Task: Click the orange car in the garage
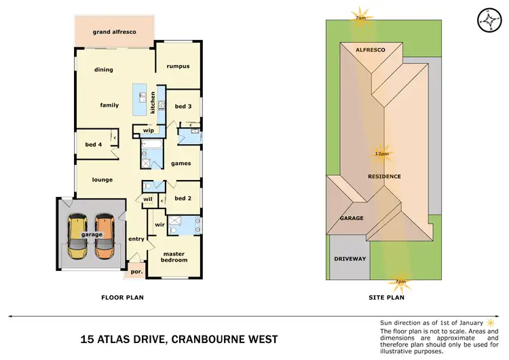coord(105,236)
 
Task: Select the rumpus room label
coord(178,66)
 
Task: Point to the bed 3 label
coord(183,106)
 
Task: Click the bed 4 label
coord(94,144)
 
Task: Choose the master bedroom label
coord(174,256)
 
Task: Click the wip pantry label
coord(148,130)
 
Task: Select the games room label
coord(181,163)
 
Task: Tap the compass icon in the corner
coord(487,20)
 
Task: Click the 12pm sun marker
coord(381,154)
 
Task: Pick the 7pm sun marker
coord(400,281)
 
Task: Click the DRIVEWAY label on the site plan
coord(350,259)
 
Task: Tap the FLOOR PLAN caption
coord(122,297)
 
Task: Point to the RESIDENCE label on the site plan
coord(384,177)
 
